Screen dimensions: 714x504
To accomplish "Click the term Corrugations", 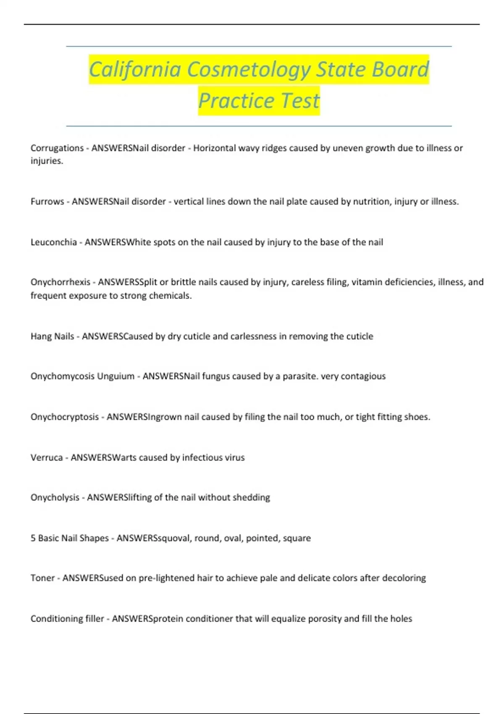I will point(57,148).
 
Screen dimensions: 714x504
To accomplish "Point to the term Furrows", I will point(47,202).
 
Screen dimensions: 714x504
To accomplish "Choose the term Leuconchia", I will point(53,242).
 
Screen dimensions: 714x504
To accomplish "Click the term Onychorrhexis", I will point(60,282).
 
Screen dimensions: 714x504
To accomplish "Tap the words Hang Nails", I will point(52,336).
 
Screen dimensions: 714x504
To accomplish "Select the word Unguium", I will point(115,376).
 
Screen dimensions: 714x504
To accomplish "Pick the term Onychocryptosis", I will point(64,417).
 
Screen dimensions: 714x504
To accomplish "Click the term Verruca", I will point(46,457).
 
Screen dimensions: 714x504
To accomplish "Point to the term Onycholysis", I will point(55,498).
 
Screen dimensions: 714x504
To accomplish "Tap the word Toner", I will point(42,578).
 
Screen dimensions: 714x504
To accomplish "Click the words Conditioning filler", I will point(67,619).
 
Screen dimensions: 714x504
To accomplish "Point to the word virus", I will point(235,457).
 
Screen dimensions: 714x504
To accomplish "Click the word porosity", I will point(325,619).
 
